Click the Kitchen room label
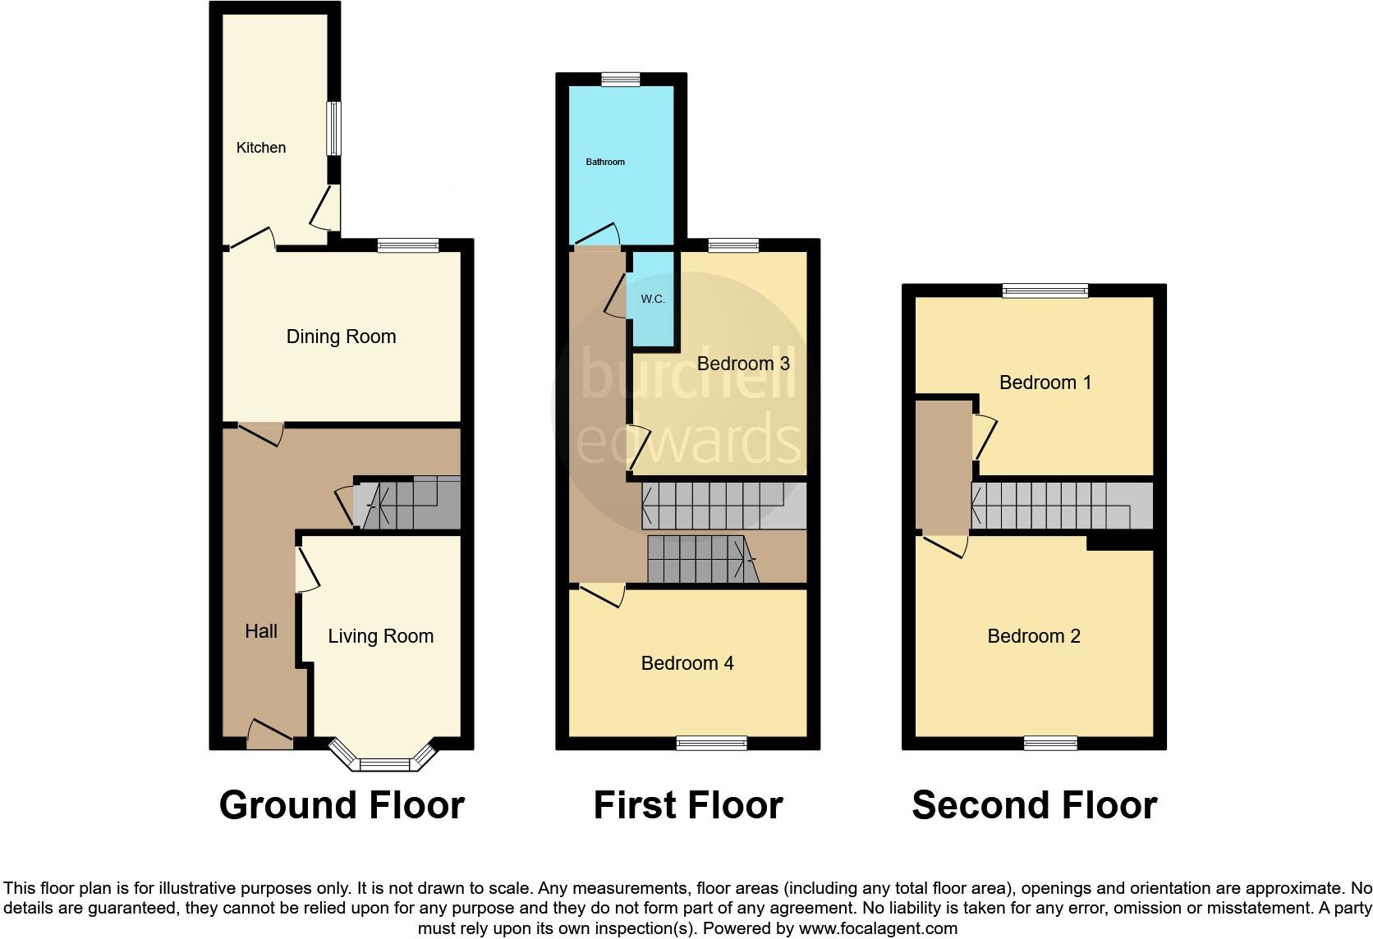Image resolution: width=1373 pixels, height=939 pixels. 261,148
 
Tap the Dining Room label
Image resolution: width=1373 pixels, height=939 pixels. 341,337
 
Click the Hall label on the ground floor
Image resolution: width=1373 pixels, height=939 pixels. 261,631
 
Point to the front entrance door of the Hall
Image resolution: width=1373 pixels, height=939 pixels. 269,734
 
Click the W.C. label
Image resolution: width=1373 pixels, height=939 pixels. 653,299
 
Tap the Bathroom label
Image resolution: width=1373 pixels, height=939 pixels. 605,162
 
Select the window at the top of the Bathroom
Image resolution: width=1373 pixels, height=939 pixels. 620,80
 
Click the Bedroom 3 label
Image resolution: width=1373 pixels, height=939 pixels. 743,364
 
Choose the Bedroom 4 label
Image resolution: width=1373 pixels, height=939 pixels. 687,663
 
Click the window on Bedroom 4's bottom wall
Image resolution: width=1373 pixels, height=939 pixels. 712,744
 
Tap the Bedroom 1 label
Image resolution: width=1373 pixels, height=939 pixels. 1045,382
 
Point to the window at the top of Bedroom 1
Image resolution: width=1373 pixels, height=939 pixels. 1045,291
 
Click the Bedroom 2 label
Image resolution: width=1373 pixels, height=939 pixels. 1034,636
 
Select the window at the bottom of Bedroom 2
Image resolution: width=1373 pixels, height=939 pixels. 1050,744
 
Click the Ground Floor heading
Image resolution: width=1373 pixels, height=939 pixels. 342,805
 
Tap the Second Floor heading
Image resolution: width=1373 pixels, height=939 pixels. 1034,805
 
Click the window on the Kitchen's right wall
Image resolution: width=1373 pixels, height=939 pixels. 333,128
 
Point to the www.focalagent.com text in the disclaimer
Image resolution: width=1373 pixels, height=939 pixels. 878,928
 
